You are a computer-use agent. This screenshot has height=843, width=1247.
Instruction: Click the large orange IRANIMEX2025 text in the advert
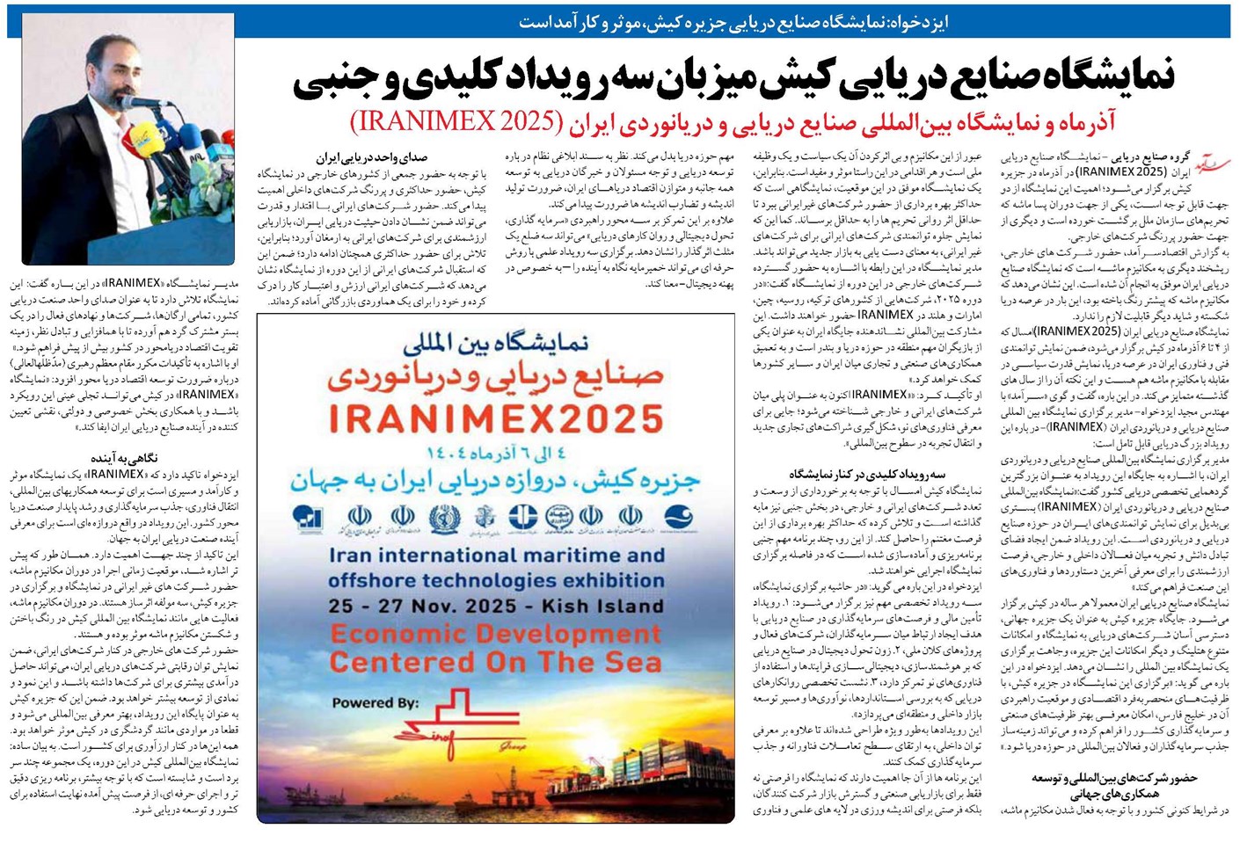[495, 420]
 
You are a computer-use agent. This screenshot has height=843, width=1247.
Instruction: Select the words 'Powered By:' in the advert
[375, 703]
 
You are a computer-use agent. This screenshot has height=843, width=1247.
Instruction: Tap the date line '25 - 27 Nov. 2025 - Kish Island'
[496, 607]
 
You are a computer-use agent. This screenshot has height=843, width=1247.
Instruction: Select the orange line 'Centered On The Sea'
[495, 661]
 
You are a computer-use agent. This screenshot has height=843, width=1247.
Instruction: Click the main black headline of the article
[733, 77]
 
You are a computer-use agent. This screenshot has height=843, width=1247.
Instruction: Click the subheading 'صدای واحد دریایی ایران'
[371, 158]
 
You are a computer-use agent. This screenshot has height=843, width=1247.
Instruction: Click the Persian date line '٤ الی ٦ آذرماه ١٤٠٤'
[496, 454]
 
